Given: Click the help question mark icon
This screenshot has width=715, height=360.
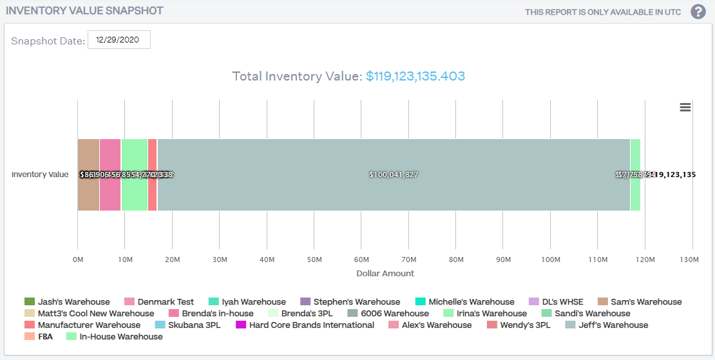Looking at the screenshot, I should pyautogui.click(x=698, y=12).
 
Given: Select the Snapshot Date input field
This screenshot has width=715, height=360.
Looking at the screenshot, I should pyautogui.click(x=119, y=40).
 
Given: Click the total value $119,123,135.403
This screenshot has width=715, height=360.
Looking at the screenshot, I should pyautogui.click(x=415, y=77).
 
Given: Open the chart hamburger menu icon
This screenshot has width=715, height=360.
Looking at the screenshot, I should pyautogui.click(x=685, y=108).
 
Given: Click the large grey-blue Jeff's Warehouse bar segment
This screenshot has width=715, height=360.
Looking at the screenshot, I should pyautogui.click(x=393, y=193).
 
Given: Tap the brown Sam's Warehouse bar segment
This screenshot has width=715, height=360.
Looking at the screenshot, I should pyautogui.click(x=88, y=193).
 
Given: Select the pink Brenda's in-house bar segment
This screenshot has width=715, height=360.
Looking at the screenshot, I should pyautogui.click(x=110, y=193).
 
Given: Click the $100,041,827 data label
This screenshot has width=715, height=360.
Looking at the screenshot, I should pyautogui.click(x=394, y=175).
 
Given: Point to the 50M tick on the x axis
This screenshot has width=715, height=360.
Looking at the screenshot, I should pyautogui.click(x=314, y=260).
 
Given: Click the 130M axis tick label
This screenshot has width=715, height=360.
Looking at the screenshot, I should pyautogui.click(x=689, y=260).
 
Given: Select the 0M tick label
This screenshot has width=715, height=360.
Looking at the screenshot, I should pyautogui.click(x=78, y=260).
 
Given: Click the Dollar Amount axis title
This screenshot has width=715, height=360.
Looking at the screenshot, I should pyautogui.click(x=385, y=273).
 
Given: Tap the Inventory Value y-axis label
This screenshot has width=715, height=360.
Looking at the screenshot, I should pyautogui.click(x=40, y=175).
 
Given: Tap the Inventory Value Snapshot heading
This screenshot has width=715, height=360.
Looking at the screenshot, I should pyautogui.click(x=84, y=11).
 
